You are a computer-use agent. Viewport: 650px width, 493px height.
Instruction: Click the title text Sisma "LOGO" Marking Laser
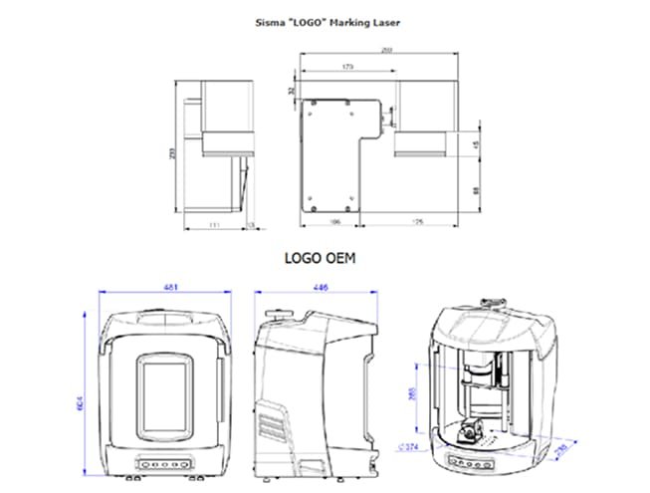click(x=325, y=19)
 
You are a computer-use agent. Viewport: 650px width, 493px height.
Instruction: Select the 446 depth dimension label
click(x=321, y=289)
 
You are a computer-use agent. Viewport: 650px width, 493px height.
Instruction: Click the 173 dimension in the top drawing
click(x=346, y=67)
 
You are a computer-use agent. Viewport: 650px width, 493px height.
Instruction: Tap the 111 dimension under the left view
click(x=214, y=225)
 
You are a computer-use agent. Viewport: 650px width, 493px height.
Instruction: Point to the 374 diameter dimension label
click(x=407, y=447)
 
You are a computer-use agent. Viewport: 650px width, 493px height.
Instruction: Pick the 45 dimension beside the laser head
click(x=476, y=145)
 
